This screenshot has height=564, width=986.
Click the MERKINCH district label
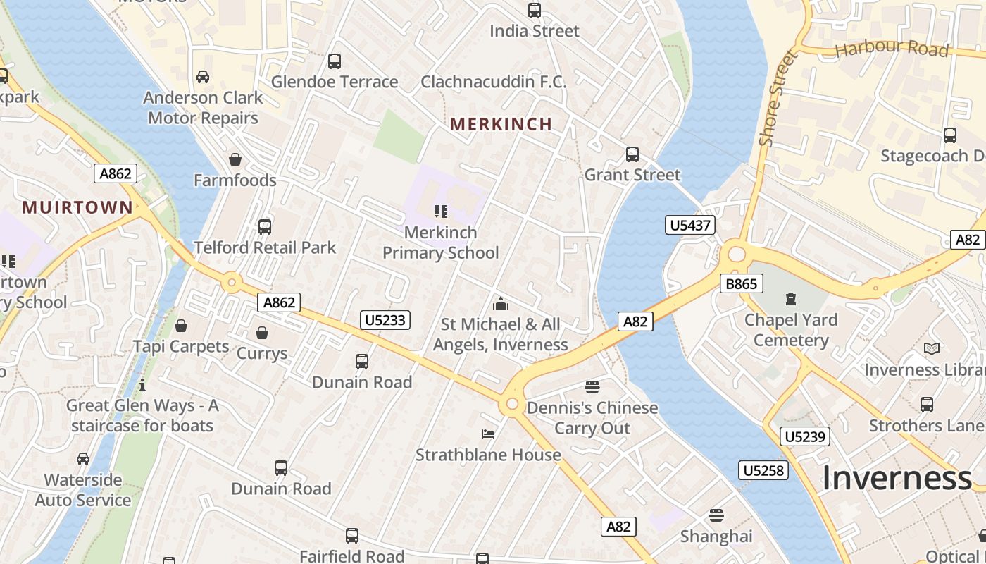(501, 125)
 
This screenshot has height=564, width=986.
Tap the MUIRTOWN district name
(77, 207)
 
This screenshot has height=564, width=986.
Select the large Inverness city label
(897, 479)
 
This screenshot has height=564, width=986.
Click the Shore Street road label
(777, 99)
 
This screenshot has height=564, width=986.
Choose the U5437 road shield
(690, 226)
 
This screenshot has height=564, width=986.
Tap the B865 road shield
(742, 284)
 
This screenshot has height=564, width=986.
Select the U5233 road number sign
(385, 320)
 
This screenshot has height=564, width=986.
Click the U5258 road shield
(763, 470)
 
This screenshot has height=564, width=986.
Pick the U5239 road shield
(804, 436)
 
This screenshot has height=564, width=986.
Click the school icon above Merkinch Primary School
(441, 211)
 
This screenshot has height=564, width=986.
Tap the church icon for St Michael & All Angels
(501, 304)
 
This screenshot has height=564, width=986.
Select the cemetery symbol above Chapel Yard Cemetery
(791, 299)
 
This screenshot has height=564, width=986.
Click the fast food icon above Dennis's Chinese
(592, 387)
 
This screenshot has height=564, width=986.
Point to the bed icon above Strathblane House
(488, 434)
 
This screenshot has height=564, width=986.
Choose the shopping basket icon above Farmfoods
(235, 160)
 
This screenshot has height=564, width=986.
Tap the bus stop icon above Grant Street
(632, 154)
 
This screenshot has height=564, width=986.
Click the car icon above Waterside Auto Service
(83, 459)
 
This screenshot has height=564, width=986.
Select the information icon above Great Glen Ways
(142, 385)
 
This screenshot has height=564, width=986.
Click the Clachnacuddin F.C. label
(493, 82)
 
